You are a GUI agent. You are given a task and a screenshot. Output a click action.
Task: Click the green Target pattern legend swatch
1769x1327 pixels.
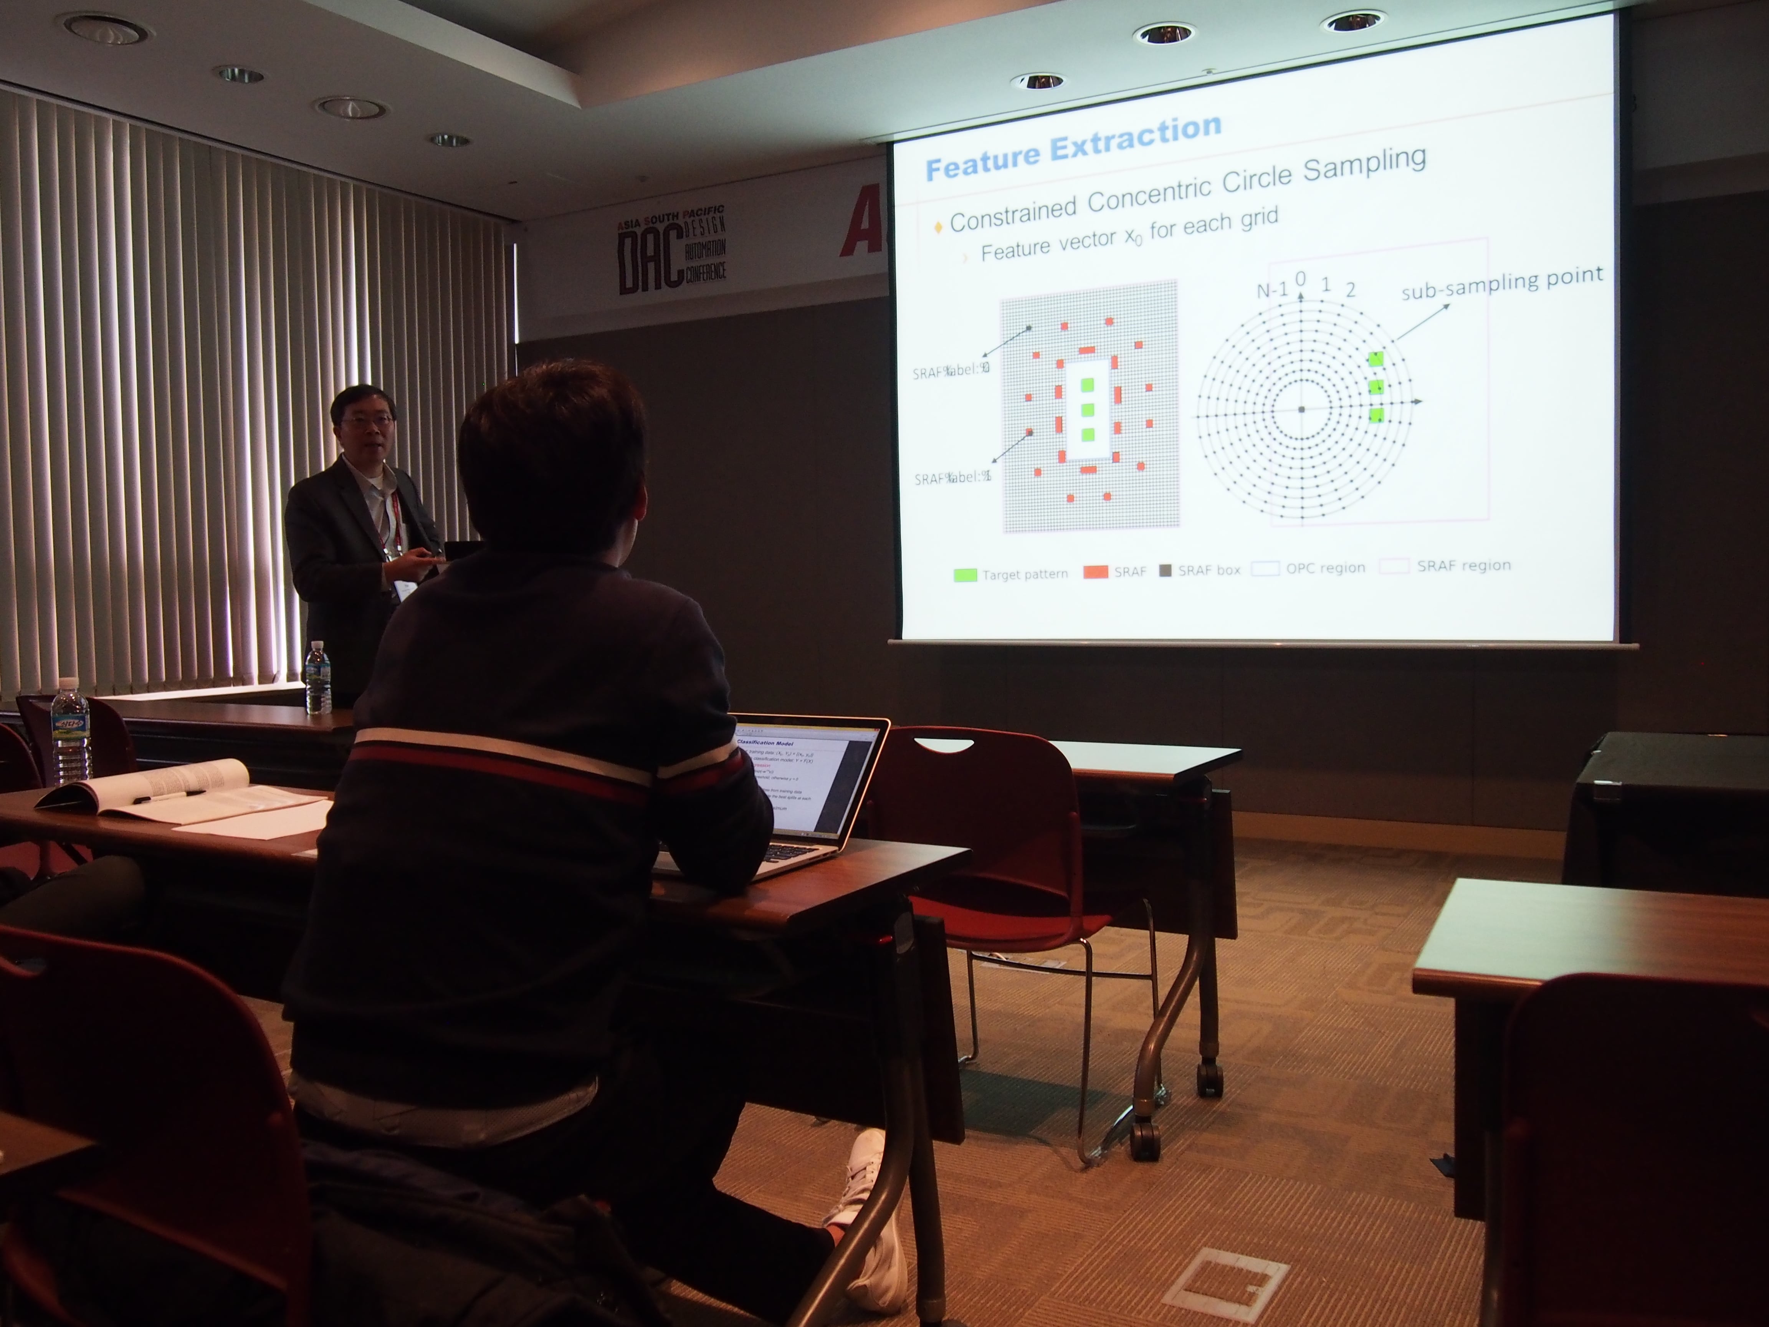coord(965,574)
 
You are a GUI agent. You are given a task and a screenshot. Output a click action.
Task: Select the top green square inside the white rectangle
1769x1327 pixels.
coord(1087,385)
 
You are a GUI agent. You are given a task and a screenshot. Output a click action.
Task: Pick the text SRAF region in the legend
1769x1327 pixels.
coord(1463,566)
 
